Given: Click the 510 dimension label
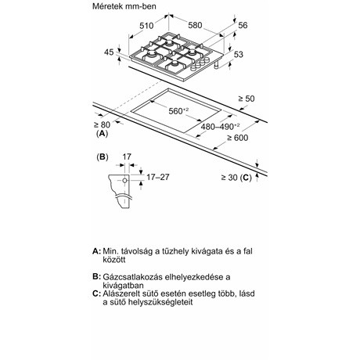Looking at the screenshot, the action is coord(146,26).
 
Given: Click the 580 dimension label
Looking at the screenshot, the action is coord(195,25).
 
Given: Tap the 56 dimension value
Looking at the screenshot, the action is coord(243,25).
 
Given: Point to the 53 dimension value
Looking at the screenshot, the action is coord(238,55).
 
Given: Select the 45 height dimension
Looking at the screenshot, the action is coord(109,52).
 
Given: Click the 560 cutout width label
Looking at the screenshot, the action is coord(178,111).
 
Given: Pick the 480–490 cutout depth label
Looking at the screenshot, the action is coord(220,127).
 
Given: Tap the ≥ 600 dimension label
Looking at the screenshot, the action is coord(237,138).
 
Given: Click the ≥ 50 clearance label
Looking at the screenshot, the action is coord(247,99).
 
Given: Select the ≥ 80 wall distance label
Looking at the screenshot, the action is coord(103,124).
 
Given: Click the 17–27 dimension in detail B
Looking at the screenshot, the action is coord(158,177).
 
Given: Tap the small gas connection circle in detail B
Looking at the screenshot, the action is coord(125,180).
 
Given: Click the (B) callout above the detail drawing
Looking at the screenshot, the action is coord(103,157).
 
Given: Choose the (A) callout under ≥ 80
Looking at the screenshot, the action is coord(102,133).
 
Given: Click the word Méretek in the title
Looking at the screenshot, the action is coord(107,6).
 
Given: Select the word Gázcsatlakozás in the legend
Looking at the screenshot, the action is coord(132,277).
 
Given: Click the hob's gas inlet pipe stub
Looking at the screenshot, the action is coord(216,65).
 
